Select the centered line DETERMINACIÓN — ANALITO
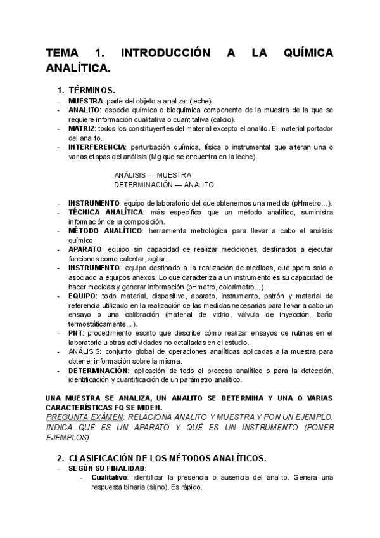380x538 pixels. pos(163,185)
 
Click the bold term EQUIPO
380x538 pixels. pos(82,296)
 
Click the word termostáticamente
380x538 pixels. pos(99,324)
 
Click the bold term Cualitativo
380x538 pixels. pos(110,477)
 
